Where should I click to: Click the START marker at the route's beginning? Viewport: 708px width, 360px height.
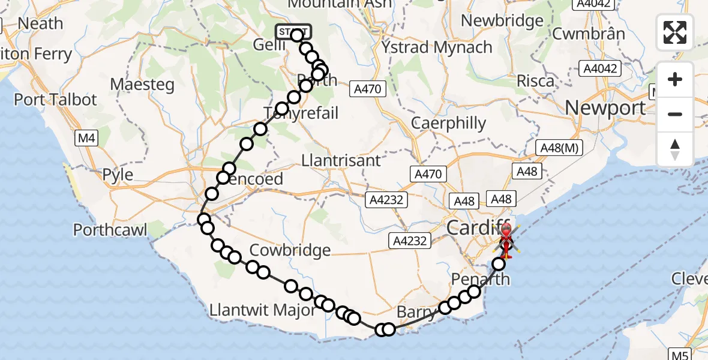click(x=293, y=31)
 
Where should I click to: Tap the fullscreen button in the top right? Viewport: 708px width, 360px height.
click(x=675, y=32)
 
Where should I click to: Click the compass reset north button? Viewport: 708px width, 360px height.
click(x=675, y=149)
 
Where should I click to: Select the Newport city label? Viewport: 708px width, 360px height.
click(x=605, y=108)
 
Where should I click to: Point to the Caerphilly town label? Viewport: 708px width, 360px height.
click(x=449, y=124)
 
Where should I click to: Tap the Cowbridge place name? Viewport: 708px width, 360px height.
click(x=290, y=250)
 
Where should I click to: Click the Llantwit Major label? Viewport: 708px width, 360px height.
click(x=263, y=310)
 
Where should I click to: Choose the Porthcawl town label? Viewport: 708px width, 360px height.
click(x=110, y=230)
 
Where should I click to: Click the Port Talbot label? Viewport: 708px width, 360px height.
click(x=55, y=99)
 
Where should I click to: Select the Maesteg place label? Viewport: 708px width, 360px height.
click(x=142, y=84)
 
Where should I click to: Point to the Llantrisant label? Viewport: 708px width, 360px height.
click(x=341, y=161)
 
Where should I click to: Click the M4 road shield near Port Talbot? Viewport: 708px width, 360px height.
click(x=86, y=139)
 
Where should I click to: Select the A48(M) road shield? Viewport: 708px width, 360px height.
click(x=559, y=148)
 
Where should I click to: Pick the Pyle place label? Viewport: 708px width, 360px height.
click(x=118, y=175)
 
